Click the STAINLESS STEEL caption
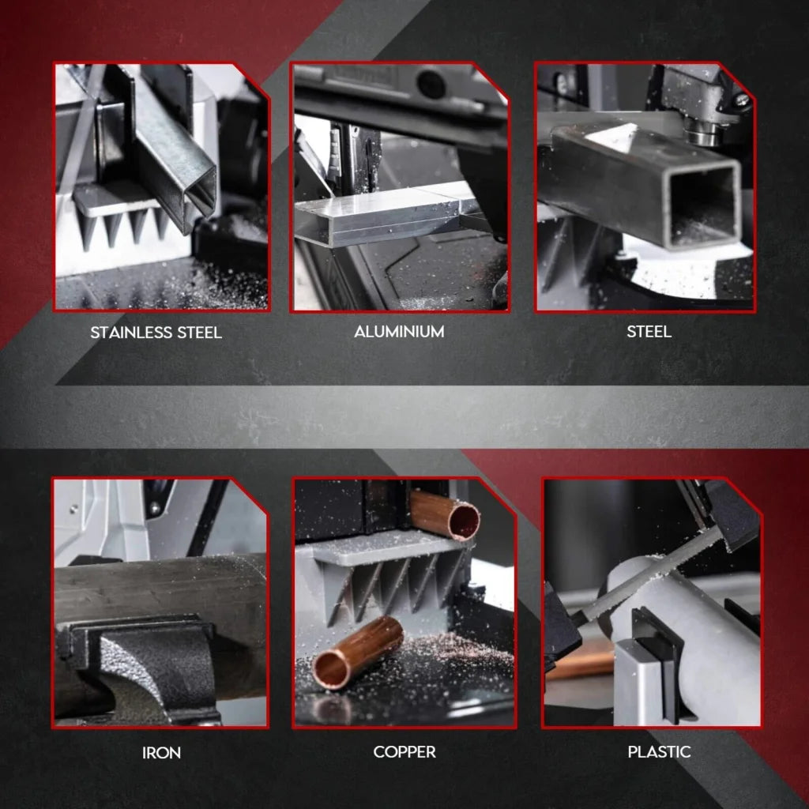point(156,332)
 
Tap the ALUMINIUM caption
point(399,332)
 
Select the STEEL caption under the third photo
point(649,332)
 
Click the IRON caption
point(161,752)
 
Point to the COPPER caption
point(404,751)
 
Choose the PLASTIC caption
point(659,751)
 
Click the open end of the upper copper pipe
point(463,520)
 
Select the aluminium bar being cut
point(379,217)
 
